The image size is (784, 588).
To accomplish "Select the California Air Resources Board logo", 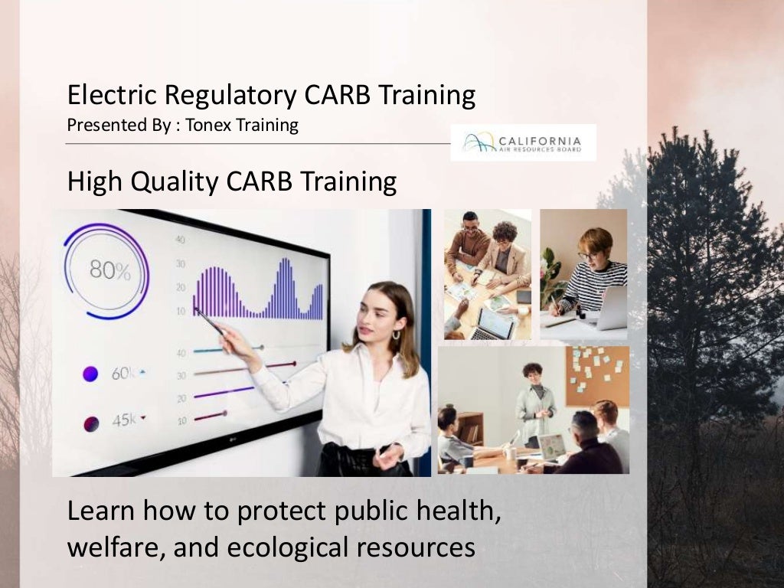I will pos(523,142).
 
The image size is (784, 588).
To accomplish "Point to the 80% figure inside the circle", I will pos(109,269).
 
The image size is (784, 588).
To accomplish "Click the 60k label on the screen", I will pos(125,374).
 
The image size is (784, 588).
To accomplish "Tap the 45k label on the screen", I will pos(125,420).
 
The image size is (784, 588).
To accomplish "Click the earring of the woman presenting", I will pos(396,335).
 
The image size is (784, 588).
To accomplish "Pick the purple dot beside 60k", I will pos(90,374).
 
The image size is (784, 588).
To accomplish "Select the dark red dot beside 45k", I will pos(90,422).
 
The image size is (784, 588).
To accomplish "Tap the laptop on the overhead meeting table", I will pos(493,325).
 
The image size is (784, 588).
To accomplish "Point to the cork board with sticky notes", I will pos(597,375).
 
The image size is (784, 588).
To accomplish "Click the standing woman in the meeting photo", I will pos(534,402).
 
